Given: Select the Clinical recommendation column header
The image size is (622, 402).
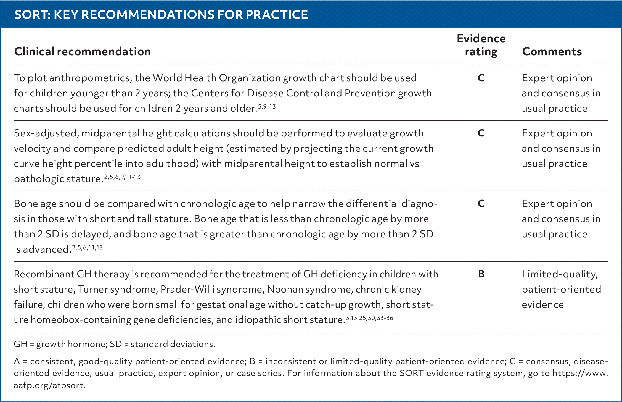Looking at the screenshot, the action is (x=82, y=51).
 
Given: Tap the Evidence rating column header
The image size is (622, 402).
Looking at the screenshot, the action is (x=481, y=45).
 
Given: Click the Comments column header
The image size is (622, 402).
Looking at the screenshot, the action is (x=552, y=51).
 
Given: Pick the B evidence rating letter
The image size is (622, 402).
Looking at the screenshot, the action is (x=481, y=274).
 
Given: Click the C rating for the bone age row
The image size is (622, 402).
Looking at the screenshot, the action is (x=481, y=204).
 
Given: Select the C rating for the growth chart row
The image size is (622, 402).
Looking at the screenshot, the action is (x=481, y=78).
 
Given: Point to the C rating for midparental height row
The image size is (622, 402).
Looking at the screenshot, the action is (x=481, y=133).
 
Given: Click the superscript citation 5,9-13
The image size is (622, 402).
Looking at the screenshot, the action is (x=267, y=106).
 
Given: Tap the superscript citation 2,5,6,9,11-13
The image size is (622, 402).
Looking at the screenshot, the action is (x=122, y=177).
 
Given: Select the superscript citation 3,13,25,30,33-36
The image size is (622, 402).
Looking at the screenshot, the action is (x=369, y=318).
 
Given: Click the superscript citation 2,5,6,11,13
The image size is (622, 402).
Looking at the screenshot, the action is (x=87, y=247).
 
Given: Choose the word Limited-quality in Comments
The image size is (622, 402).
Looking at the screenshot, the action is (x=560, y=274).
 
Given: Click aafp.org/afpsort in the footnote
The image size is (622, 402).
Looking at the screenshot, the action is (x=50, y=385).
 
